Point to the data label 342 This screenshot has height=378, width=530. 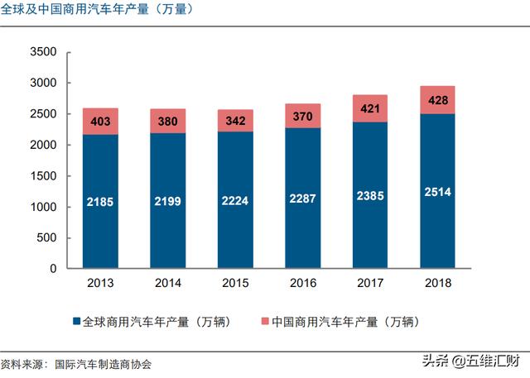[x=237, y=121]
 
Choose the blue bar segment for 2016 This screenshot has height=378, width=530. [x=301, y=199]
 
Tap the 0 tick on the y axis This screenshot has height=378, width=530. [x=51, y=269]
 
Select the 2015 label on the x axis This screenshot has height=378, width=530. [x=237, y=283]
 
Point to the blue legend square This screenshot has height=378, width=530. [x=77, y=321]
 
